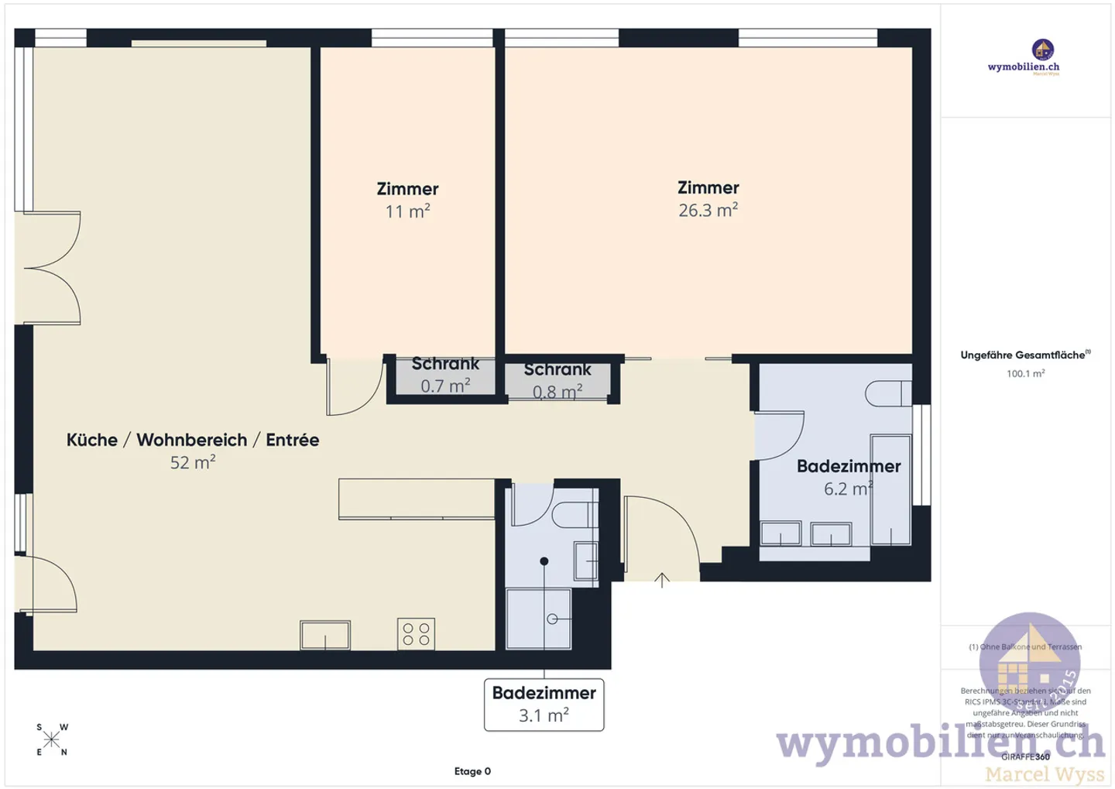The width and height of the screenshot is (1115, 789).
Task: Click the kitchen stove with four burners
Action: click(x=416, y=633)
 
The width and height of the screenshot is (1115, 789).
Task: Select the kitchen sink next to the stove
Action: click(x=325, y=636)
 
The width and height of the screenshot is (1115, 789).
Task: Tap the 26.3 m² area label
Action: click(x=708, y=211)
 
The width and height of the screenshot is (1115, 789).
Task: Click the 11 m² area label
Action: click(x=407, y=211)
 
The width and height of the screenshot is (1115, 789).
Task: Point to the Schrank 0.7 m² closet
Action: click(x=444, y=376)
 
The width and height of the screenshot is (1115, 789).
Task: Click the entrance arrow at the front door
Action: click(x=662, y=580)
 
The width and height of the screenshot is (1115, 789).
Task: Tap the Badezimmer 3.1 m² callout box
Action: click(x=544, y=704)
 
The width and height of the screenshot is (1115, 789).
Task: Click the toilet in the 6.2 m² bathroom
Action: click(x=887, y=393)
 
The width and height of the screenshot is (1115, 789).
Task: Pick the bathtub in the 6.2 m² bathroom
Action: click(x=890, y=490)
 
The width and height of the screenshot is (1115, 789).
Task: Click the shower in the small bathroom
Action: click(x=539, y=619)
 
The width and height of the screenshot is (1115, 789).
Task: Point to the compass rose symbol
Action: click(x=52, y=739)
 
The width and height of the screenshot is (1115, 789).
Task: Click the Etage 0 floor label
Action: click(x=472, y=771)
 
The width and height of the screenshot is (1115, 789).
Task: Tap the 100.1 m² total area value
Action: click(x=1025, y=373)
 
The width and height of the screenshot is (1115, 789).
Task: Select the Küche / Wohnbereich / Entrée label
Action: click(x=192, y=440)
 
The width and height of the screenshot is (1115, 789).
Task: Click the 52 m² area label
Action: click(x=192, y=462)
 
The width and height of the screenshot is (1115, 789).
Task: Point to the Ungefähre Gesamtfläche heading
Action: click(x=1024, y=355)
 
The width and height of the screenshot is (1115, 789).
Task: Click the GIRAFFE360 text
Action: click(x=1025, y=756)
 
